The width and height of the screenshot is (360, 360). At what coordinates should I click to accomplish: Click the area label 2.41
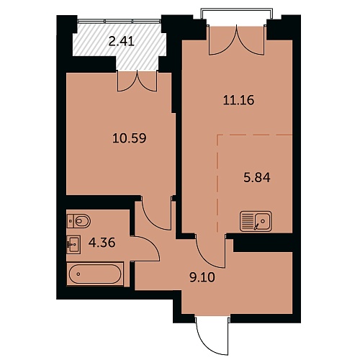tap(121, 42)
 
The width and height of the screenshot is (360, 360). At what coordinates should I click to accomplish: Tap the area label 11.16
tap(238, 100)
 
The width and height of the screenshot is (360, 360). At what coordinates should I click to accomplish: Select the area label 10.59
tap(130, 138)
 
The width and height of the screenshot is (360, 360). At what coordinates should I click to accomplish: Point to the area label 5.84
tap(257, 178)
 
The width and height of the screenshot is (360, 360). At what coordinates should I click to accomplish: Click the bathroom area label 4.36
tap(102, 243)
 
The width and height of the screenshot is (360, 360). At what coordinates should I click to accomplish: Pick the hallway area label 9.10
tap(202, 278)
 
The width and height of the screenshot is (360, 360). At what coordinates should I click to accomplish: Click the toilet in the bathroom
tap(78, 221)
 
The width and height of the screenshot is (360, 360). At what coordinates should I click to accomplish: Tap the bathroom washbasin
tap(73, 244)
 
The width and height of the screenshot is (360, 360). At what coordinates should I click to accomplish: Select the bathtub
tap(95, 274)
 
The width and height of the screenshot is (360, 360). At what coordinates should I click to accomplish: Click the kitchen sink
tap(256, 221)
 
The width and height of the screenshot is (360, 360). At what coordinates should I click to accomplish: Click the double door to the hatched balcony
tap(138, 81)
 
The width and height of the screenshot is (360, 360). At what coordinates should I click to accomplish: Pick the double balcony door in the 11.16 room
tap(237, 40)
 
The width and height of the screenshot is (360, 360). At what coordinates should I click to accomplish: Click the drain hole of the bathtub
tap(78, 274)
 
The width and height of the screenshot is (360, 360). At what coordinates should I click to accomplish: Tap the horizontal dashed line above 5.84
tap(255, 135)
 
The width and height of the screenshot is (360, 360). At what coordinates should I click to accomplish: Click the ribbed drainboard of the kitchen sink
tap(247, 221)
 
